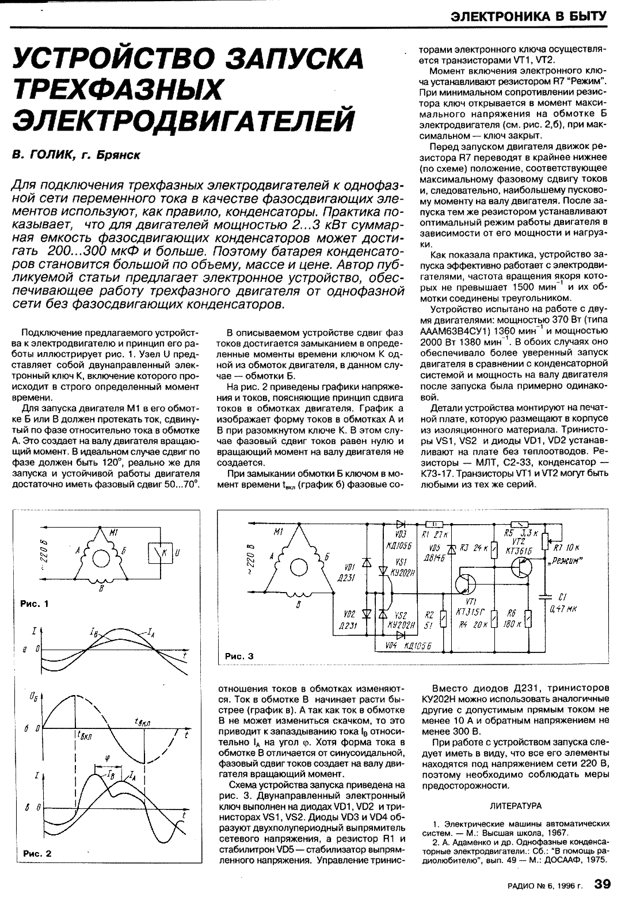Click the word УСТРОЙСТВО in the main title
coord(109,60)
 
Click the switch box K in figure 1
coord(163,553)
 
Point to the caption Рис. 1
coord(35,604)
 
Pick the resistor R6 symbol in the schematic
coord(530,620)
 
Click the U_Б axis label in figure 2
coord(32,698)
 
